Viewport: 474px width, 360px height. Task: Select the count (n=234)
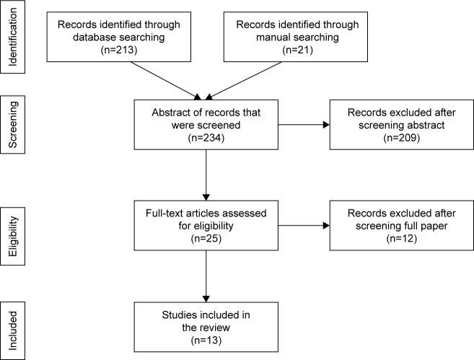coord(206,136)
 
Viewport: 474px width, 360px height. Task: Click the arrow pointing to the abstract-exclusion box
coord(303,125)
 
